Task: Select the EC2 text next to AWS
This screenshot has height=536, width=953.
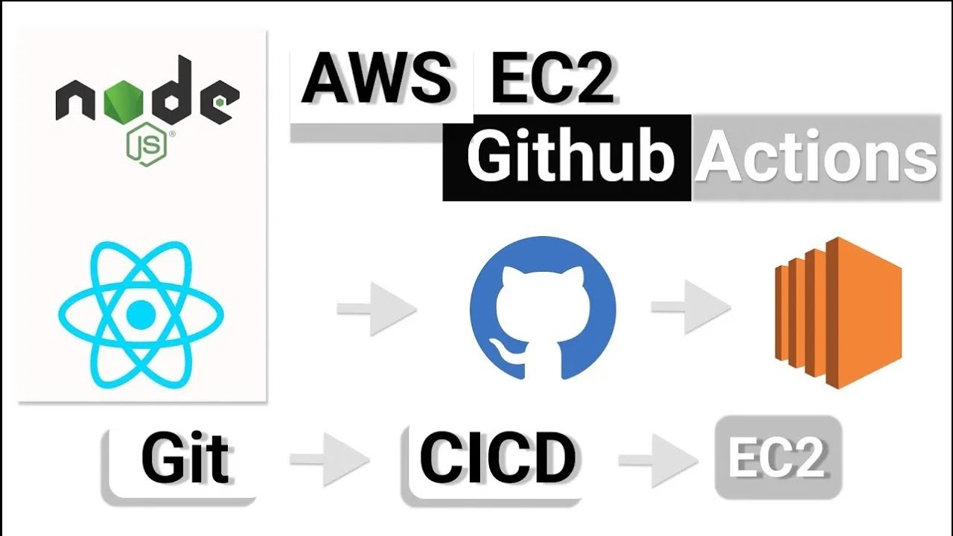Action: point(551,79)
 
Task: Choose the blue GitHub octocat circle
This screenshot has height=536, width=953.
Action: point(543,307)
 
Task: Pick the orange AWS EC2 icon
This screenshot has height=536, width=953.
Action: point(838,312)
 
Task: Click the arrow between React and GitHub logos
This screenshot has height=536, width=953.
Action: point(376,307)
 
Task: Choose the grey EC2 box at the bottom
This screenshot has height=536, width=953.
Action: point(778,456)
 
